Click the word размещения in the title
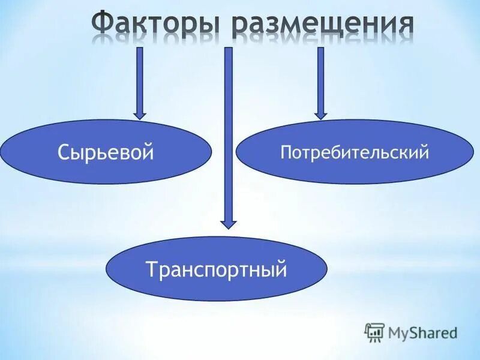323,26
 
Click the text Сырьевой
106,152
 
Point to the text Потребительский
355,152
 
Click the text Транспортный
217,269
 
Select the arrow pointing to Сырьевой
140,78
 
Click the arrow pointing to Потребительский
320,78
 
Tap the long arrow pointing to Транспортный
228,132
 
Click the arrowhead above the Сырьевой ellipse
140,113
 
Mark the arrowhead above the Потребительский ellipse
320,113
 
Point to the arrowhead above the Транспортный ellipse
228,222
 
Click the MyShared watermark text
422,332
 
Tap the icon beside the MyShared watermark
374,332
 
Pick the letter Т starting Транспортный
151,269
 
